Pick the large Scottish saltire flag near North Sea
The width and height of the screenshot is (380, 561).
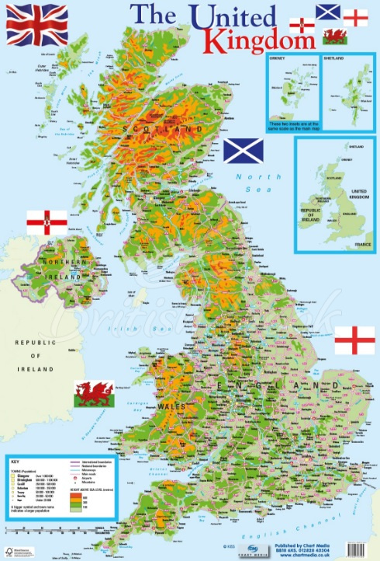pos(244,151)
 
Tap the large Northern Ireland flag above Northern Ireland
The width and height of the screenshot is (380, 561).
pos(47,222)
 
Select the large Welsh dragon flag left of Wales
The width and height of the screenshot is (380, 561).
pos(94,392)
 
